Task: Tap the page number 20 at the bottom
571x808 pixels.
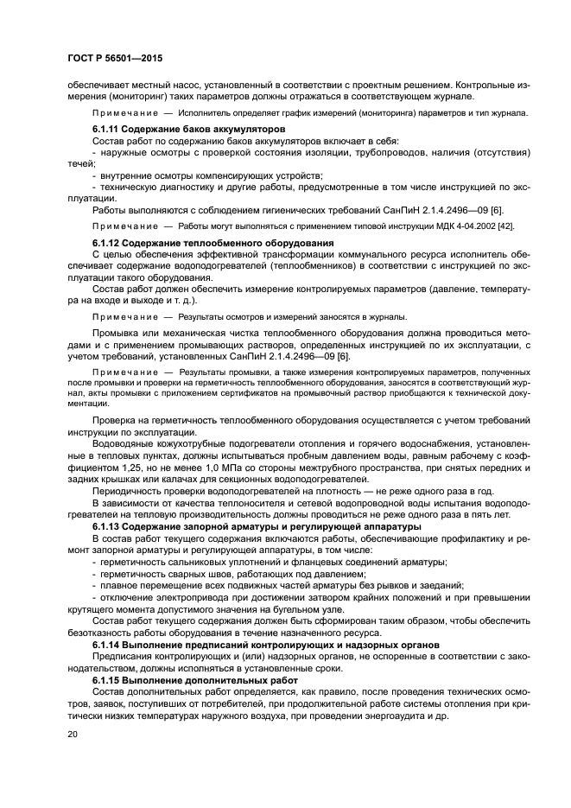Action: (x=73, y=734)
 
